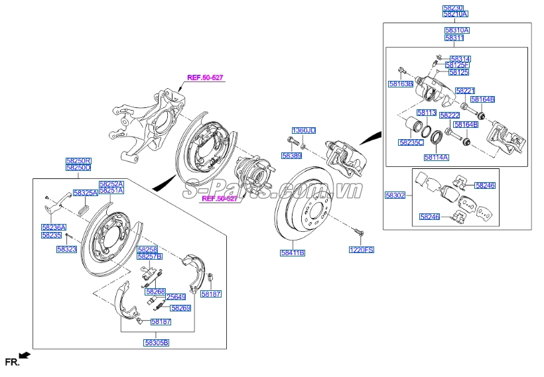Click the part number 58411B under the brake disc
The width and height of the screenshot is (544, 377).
[x=293, y=252]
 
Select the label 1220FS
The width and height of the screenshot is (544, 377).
[x=362, y=250]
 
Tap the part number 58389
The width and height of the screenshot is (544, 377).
[x=291, y=156]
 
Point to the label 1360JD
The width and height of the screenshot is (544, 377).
[x=304, y=130]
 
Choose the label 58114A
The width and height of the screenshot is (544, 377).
[x=437, y=158]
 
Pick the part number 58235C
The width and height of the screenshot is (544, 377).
[x=412, y=142]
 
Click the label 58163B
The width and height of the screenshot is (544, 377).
[x=401, y=84]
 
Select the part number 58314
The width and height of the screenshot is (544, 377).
[x=459, y=59]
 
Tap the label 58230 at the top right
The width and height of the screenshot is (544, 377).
[x=455, y=7]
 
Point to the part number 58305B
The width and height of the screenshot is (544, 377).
[x=157, y=343]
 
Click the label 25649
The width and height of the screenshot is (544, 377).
[x=175, y=297]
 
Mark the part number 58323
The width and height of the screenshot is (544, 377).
[x=67, y=249]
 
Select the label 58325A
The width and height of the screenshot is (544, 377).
[x=85, y=193]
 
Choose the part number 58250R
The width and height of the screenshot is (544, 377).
[x=78, y=161]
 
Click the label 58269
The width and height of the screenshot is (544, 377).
[x=180, y=308]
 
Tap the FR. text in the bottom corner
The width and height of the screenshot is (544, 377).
[x=11, y=362]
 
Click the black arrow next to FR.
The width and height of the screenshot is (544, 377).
[x=25, y=356]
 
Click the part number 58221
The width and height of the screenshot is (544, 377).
[x=465, y=90]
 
